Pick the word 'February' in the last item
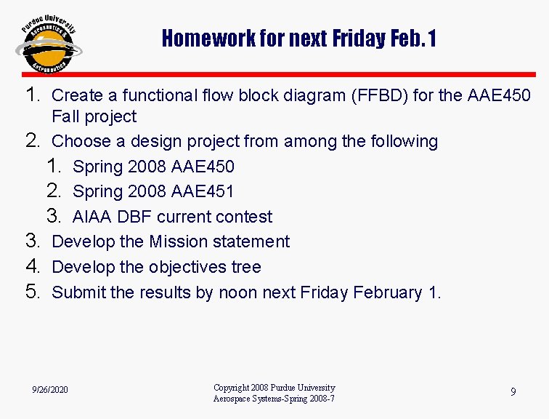point(388,292)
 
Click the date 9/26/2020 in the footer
point(50,391)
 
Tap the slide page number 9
point(513,392)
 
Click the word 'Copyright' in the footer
point(232,388)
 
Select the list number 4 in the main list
point(31,266)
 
